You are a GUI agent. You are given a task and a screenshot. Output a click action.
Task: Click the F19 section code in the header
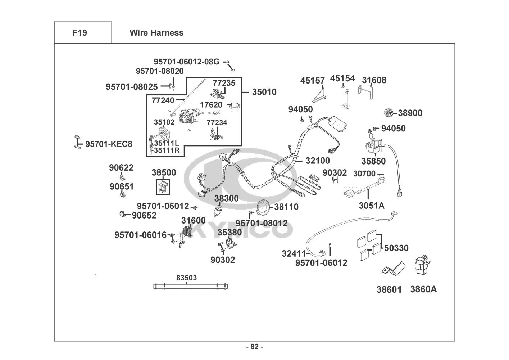[79, 33]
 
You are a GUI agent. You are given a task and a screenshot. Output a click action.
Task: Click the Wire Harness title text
[156, 33]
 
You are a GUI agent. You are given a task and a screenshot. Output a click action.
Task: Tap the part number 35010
[264, 92]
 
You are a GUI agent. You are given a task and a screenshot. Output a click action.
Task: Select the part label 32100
[317, 160]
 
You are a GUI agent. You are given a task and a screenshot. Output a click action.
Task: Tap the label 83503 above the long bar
[186, 278]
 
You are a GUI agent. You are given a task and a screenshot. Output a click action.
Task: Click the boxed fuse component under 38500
[163, 187]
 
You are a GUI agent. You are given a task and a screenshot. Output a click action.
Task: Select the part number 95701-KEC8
[109, 144]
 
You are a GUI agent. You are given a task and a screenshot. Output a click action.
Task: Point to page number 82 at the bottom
[254, 347]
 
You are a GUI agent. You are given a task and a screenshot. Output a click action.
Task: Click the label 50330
[396, 248]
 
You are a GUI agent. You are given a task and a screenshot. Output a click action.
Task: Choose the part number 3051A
[371, 206]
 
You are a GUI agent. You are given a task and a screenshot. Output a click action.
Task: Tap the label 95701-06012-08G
[186, 62]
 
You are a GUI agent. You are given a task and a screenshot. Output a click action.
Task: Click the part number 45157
[312, 81]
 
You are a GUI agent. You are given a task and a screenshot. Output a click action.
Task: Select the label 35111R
[167, 150]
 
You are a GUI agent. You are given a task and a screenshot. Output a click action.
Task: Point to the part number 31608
[374, 80]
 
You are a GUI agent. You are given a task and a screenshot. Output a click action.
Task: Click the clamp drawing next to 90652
[123, 214]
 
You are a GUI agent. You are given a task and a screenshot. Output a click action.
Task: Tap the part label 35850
[373, 161]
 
